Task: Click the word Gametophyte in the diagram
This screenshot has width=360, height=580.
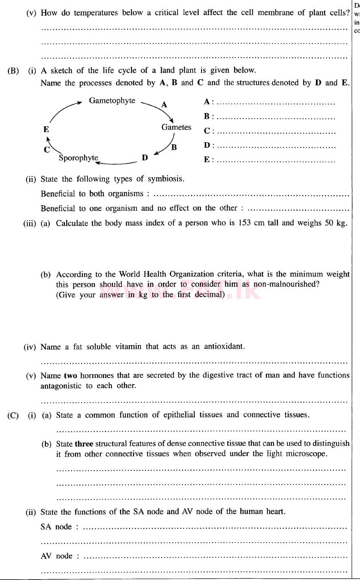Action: pyautogui.click(x=112, y=101)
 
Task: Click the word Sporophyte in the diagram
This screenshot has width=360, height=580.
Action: pyautogui.click(x=78, y=158)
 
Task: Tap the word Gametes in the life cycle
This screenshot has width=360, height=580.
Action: pyautogui.click(x=176, y=127)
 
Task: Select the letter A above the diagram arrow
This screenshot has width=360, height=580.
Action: pyautogui.click(x=164, y=105)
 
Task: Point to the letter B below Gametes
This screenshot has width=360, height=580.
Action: pyautogui.click(x=174, y=148)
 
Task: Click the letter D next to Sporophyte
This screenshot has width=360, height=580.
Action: pyautogui.click(x=145, y=158)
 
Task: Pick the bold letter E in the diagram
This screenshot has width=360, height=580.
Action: pyautogui.click(x=46, y=130)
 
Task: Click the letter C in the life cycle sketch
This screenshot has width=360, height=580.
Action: pyautogui.click(x=47, y=150)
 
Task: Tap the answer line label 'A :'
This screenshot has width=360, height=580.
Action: pyautogui.click(x=208, y=102)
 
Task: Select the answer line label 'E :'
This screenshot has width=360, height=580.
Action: pyautogui.click(x=208, y=160)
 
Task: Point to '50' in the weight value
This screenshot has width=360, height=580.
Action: pyautogui.click(x=330, y=223)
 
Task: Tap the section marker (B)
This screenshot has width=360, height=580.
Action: pyautogui.click(x=13, y=71)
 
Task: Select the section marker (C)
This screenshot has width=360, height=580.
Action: pyautogui.click(x=13, y=415)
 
